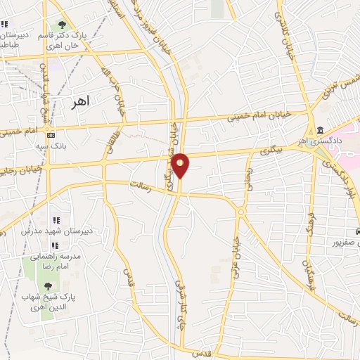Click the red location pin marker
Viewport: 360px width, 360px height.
coord(181,165)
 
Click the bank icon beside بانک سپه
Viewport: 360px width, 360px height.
coord(51,134)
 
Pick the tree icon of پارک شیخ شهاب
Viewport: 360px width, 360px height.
coord(48,285)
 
